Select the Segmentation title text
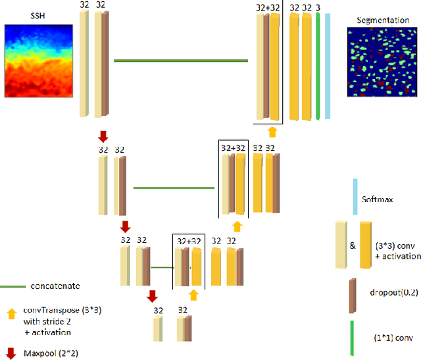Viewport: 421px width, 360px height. pyautogui.click(x=382, y=20)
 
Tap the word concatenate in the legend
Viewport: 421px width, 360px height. pyautogui.click(x=55, y=286)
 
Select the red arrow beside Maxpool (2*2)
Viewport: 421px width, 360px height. pyautogui.click(x=11, y=351)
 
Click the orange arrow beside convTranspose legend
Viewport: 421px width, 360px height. pyautogui.click(x=11, y=315)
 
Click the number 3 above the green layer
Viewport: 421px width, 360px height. pyautogui.click(x=318, y=7)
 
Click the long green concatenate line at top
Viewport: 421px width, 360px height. pyautogui.click(x=181, y=61)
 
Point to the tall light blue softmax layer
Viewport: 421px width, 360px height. pyautogui.click(x=328, y=65)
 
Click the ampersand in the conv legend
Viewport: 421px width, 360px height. pyautogui.click(x=353, y=245)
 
